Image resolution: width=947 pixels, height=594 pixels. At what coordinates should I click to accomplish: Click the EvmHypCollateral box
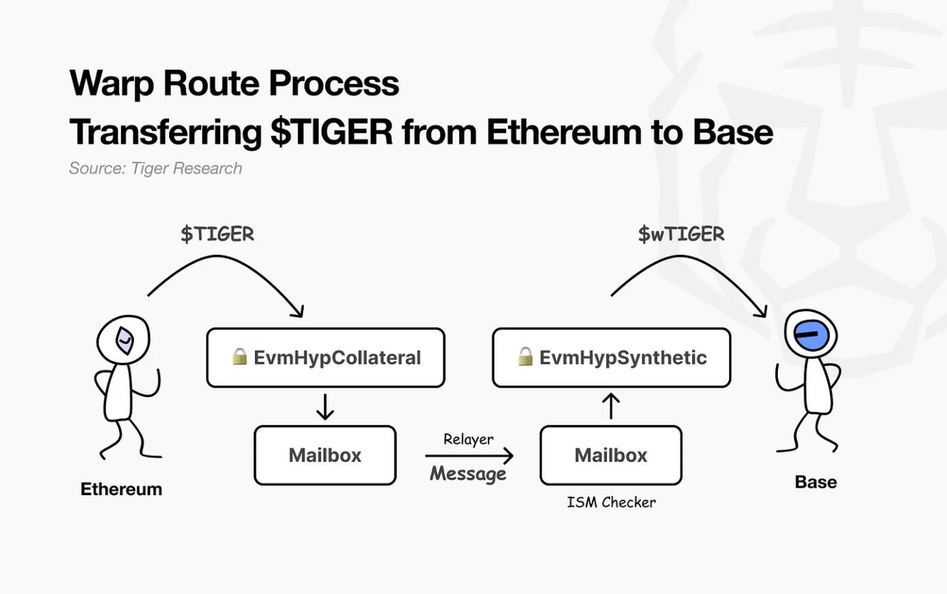pyautogui.click(x=325, y=358)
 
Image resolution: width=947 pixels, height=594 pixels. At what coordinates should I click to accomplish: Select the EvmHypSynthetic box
pyautogui.click(x=611, y=358)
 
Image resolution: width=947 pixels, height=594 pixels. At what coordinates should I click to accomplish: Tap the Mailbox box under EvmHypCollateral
pyautogui.click(x=325, y=455)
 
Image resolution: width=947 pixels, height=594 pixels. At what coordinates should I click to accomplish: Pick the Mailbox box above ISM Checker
pyautogui.click(x=611, y=455)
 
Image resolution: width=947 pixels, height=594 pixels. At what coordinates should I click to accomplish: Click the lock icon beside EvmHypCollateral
pyautogui.click(x=239, y=357)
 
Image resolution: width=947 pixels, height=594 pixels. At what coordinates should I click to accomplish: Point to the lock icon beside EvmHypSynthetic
pyautogui.click(x=526, y=357)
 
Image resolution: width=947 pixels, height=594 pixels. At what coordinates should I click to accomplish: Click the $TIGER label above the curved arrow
pyautogui.click(x=217, y=234)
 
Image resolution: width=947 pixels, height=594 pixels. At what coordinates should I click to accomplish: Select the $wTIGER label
pyautogui.click(x=681, y=234)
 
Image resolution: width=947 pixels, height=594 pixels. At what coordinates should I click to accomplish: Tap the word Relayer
pyautogui.click(x=468, y=439)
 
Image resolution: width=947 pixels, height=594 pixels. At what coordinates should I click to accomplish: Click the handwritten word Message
pyautogui.click(x=468, y=474)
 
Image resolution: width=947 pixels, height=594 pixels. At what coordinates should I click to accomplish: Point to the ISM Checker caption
pyautogui.click(x=611, y=502)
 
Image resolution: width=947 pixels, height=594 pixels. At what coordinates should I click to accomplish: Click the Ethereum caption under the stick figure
pyautogui.click(x=121, y=489)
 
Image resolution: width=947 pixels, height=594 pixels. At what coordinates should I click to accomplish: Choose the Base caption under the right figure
pyautogui.click(x=816, y=482)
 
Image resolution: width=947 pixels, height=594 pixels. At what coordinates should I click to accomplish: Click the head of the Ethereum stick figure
pyautogui.click(x=124, y=340)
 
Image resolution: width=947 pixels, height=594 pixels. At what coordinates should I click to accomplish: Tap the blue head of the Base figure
pyautogui.click(x=811, y=334)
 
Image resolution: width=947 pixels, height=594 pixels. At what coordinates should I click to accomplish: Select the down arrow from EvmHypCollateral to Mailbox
pyautogui.click(x=325, y=407)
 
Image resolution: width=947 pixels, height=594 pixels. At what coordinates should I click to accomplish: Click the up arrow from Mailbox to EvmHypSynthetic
pyautogui.click(x=611, y=406)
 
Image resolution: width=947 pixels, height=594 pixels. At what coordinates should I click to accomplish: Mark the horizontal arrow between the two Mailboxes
pyautogui.click(x=469, y=456)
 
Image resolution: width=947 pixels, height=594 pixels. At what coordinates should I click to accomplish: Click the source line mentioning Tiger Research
pyautogui.click(x=156, y=168)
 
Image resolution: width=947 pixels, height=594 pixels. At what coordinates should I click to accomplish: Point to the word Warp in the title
pyautogui.click(x=112, y=83)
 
